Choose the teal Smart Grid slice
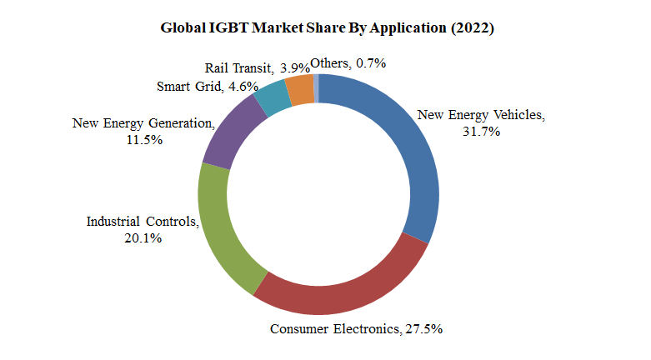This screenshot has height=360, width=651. pos(270,98)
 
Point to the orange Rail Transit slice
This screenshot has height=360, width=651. pos(299,89)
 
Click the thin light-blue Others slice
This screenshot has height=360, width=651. pos(316,87)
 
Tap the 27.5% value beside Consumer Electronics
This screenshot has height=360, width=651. pos(423,329)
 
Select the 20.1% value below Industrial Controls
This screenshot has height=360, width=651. pos(141,238)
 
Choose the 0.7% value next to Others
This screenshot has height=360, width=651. pos(371,62)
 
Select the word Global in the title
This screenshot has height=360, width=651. pos(180,28)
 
